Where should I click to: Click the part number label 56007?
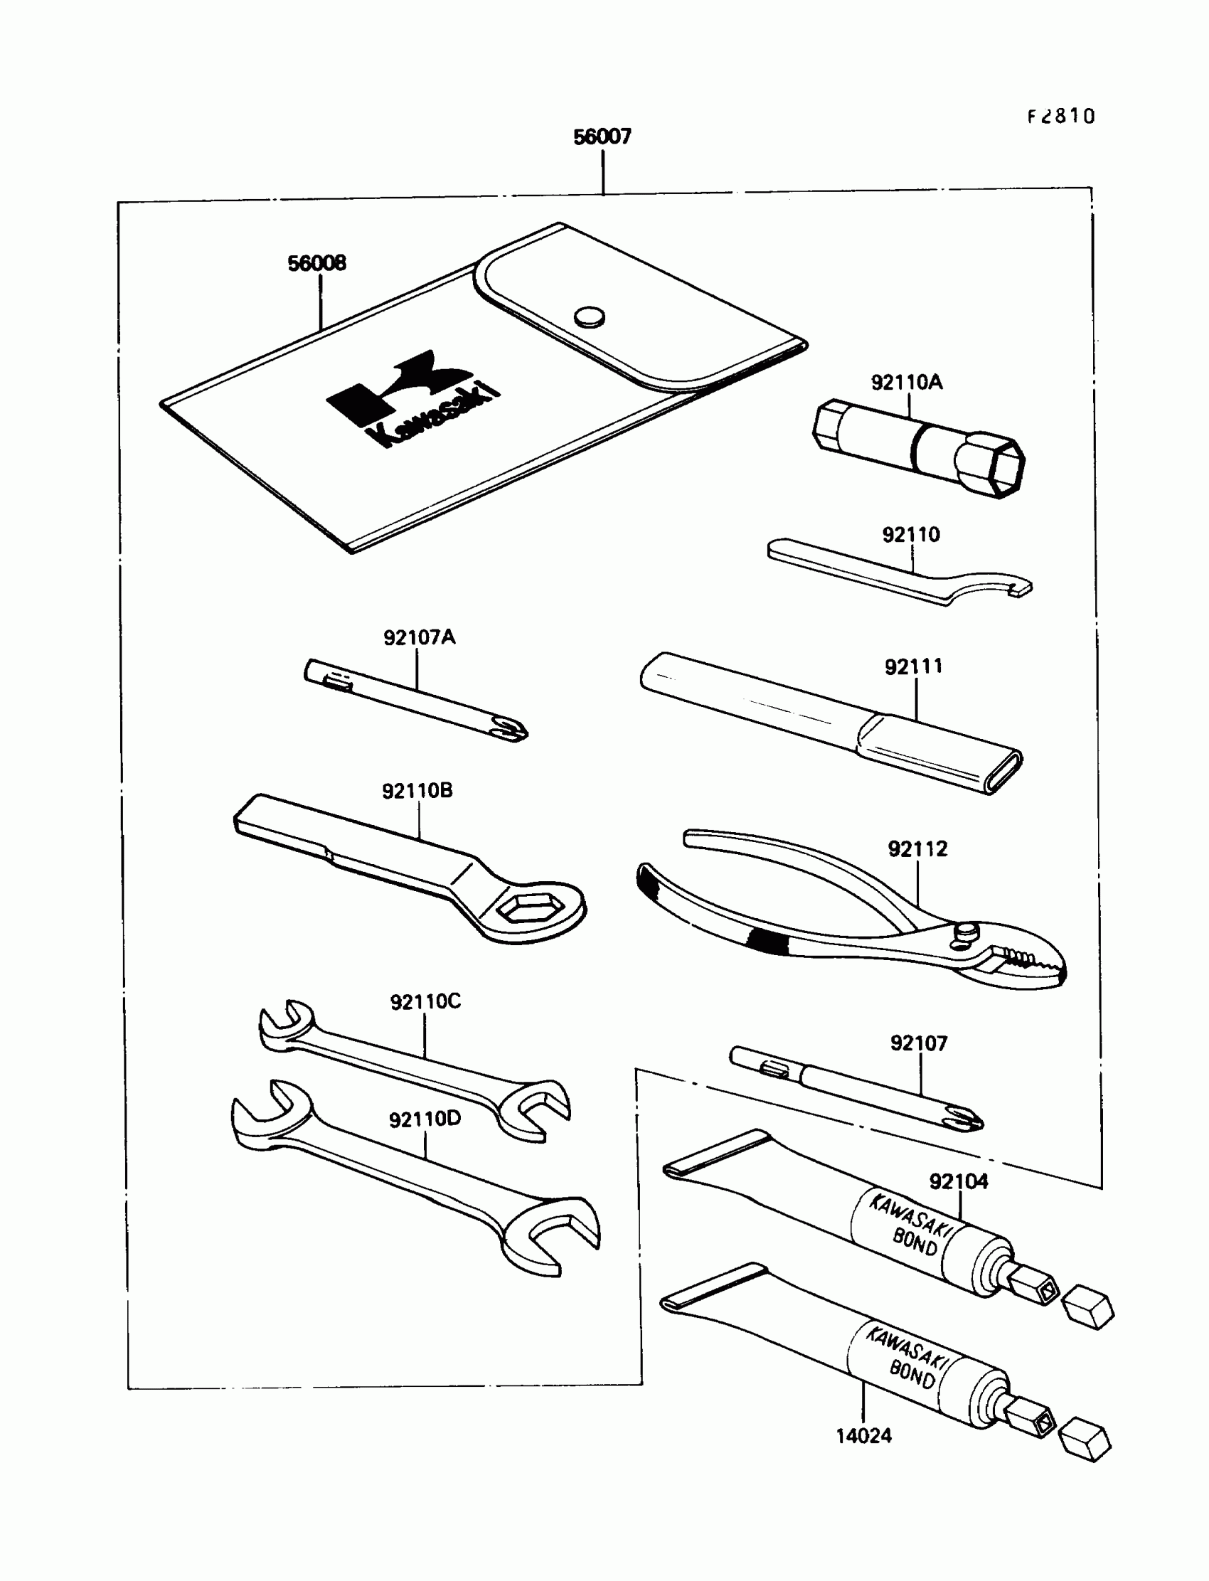(602, 137)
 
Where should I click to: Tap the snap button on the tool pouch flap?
(590, 316)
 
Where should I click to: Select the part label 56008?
(316, 263)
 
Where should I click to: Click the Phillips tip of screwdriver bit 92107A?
(512, 730)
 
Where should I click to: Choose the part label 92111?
(913, 667)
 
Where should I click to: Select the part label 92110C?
(425, 1001)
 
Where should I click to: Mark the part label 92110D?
(425, 1119)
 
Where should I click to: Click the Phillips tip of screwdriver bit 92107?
(967, 1119)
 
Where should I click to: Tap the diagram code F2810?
(1061, 117)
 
